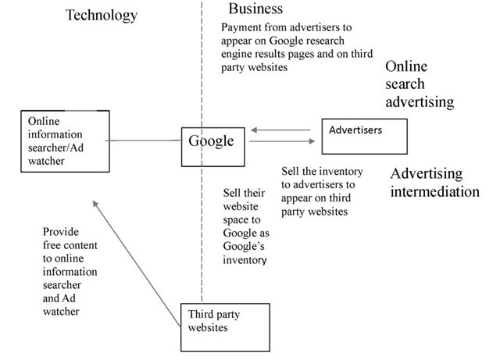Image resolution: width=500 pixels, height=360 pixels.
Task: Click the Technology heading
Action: (x=101, y=16)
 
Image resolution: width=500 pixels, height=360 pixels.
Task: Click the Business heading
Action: (x=255, y=9)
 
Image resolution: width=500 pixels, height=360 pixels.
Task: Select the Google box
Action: (x=211, y=144)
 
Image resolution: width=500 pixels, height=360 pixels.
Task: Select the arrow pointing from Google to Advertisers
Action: (x=282, y=141)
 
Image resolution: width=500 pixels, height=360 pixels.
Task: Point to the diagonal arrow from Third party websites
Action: (x=133, y=250)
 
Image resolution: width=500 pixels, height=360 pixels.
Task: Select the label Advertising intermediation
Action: (x=434, y=182)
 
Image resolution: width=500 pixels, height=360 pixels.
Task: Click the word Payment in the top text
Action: (x=242, y=27)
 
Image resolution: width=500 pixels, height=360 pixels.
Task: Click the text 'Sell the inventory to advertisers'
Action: (x=318, y=177)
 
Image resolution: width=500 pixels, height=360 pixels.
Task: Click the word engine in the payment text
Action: (x=237, y=54)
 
